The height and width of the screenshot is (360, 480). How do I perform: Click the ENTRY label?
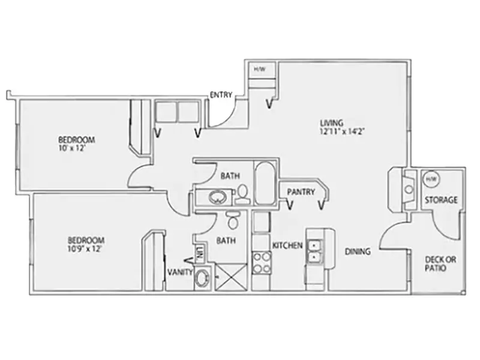[221, 95]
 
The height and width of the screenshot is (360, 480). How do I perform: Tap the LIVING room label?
[332, 123]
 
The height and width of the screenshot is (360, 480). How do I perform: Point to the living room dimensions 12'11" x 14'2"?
[342, 131]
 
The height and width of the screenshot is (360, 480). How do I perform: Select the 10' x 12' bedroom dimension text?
[71, 148]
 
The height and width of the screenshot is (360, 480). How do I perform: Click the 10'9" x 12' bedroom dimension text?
[85, 248]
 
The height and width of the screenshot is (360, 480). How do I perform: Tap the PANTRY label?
[301, 192]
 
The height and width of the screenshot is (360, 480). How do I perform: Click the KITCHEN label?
[287, 245]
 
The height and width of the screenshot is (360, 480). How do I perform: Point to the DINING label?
[358, 251]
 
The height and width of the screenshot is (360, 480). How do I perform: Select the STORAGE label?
[441, 200]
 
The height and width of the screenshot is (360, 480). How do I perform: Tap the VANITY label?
[181, 272]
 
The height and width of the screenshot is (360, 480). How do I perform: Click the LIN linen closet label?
[200, 254]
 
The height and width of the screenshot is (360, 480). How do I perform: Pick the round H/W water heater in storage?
[431, 178]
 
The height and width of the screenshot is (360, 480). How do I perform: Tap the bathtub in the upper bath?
[265, 182]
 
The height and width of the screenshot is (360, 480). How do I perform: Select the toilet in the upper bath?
[243, 194]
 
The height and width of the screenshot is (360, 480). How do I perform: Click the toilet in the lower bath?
[233, 220]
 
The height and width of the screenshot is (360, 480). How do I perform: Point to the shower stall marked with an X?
[230, 277]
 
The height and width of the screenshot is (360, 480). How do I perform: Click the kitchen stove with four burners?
[262, 262]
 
